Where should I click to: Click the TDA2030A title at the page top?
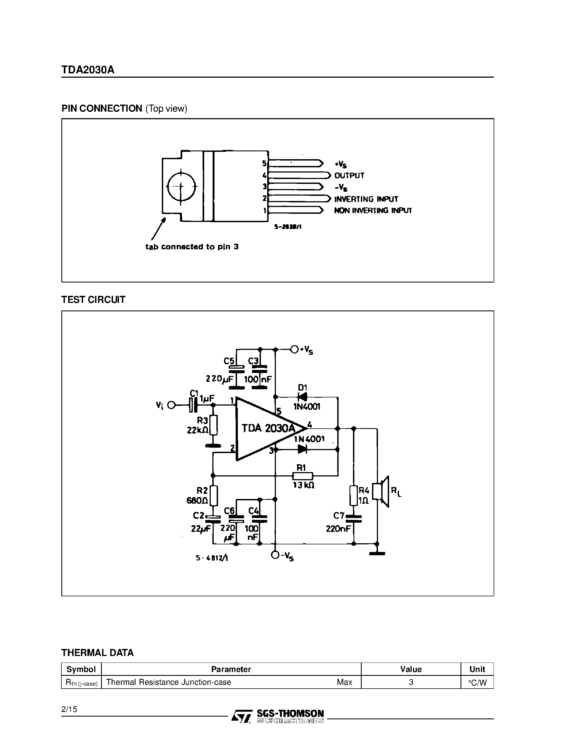[x=88, y=70]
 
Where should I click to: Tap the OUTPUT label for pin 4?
[x=349, y=175]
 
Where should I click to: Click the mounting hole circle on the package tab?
[x=181, y=187]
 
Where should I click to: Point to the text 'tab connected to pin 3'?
[x=192, y=247]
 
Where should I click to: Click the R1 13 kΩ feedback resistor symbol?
[x=302, y=476]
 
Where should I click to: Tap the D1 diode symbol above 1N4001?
[x=302, y=397]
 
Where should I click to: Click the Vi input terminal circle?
[x=171, y=405]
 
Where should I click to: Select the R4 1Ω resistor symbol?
[x=354, y=495]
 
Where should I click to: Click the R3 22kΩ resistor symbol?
[x=213, y=425]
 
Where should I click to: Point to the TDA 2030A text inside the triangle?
[x=268, y=428]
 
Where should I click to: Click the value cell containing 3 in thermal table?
[x=411, y=682]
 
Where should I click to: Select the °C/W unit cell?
[x=477, y=683]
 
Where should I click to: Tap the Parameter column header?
[x=231, y=669]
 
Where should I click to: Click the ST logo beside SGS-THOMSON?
[x=242, y=716]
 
